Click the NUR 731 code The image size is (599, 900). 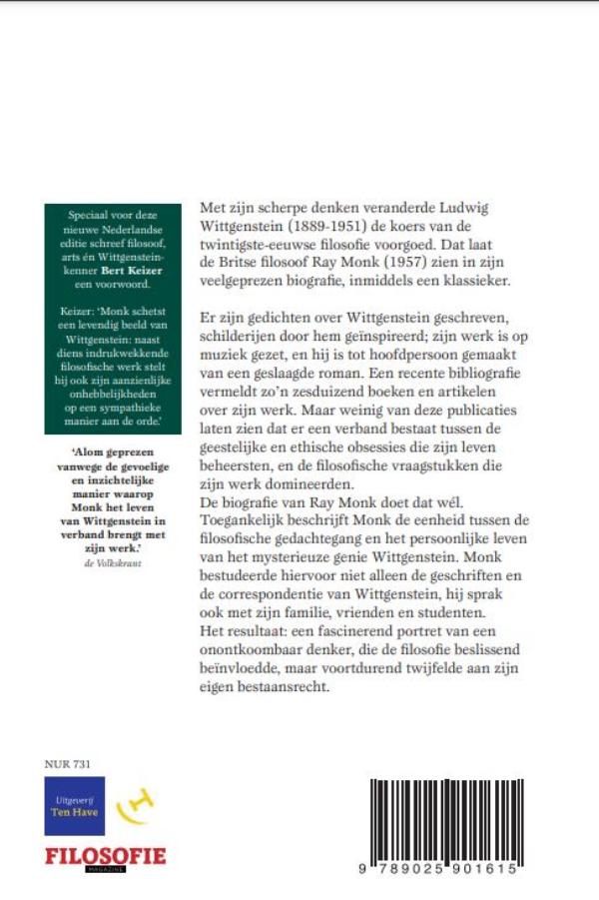(x=67, y=764)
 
